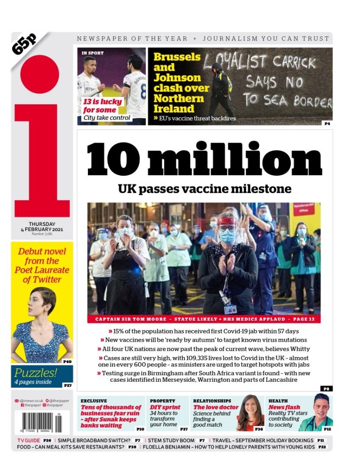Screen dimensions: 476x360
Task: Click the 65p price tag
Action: coord(24,44)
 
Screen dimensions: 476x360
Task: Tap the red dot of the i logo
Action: coord(40,74)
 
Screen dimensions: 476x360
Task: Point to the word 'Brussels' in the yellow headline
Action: coord(177,57)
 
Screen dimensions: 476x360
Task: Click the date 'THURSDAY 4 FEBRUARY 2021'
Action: coord(42,226)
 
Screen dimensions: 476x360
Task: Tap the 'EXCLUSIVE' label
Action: coord(93,401)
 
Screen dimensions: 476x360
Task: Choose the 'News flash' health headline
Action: coord(284,407)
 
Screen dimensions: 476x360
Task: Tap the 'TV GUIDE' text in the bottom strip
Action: coord(28,440)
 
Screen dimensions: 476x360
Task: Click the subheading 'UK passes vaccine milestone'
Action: coord(205,189)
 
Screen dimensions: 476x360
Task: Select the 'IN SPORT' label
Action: coord(93,53)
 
